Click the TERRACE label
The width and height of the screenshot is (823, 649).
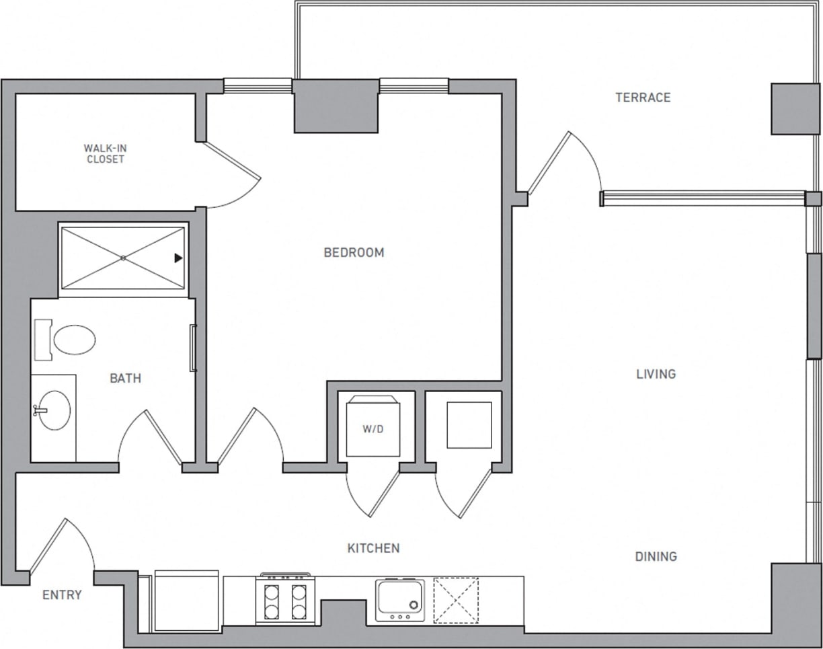click(643, 98)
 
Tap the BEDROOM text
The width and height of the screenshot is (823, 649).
click(354, 253)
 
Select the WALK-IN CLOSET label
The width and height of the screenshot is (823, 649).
click(105, 154)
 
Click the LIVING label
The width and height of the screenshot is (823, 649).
click(656, 374)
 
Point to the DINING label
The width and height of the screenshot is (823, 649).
click(656, 556)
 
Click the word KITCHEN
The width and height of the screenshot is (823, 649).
click(373, 548)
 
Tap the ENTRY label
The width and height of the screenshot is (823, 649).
click(62, 595)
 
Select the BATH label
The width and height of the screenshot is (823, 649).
click(126, 379)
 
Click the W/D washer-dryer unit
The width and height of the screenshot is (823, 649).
click(374, 428)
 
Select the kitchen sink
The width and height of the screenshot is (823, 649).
click(400, 598)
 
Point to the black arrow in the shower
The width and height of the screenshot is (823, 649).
click(178, 258)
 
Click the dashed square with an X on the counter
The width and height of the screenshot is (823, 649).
click(456, 599)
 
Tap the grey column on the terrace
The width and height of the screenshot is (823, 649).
click(795, 109)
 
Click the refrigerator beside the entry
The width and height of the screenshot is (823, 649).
click(186, 601)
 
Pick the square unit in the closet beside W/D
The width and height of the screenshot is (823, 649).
click(469, 425)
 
